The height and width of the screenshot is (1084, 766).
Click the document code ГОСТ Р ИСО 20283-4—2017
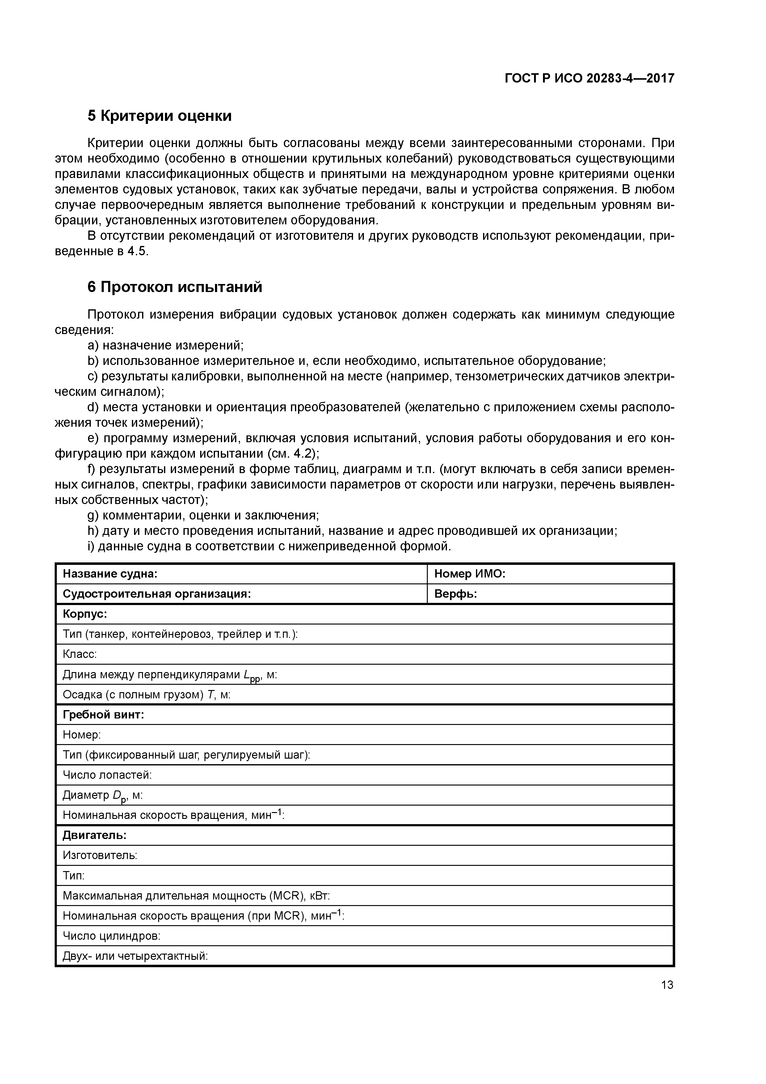click(589, 78)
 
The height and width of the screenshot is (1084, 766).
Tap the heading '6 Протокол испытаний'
click(175, 287)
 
